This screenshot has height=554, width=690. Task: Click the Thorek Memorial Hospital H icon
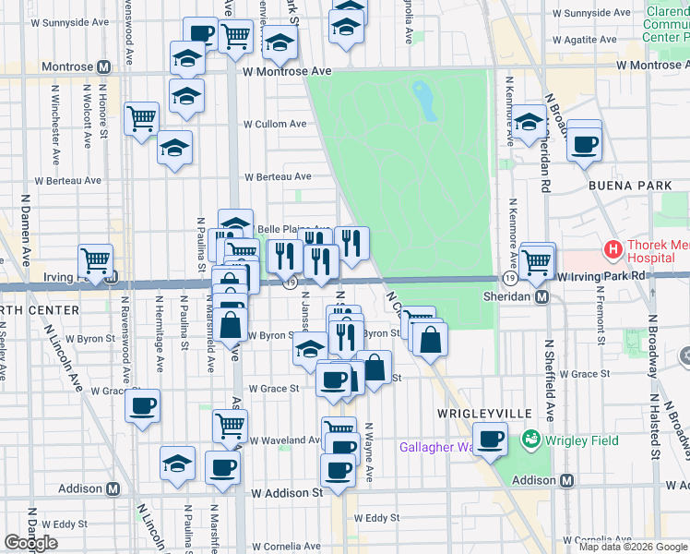612,250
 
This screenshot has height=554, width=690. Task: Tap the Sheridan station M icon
543,297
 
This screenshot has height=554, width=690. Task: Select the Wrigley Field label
580,440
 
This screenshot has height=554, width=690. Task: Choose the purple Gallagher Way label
434,448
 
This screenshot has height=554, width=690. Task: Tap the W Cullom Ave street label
275,124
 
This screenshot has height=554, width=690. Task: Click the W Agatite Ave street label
591,42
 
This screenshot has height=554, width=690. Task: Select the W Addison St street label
287,493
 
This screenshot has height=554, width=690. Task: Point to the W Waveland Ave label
285,440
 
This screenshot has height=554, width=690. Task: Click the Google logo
30,543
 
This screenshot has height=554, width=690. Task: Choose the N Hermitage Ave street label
160,332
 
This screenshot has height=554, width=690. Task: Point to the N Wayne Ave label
368,452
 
